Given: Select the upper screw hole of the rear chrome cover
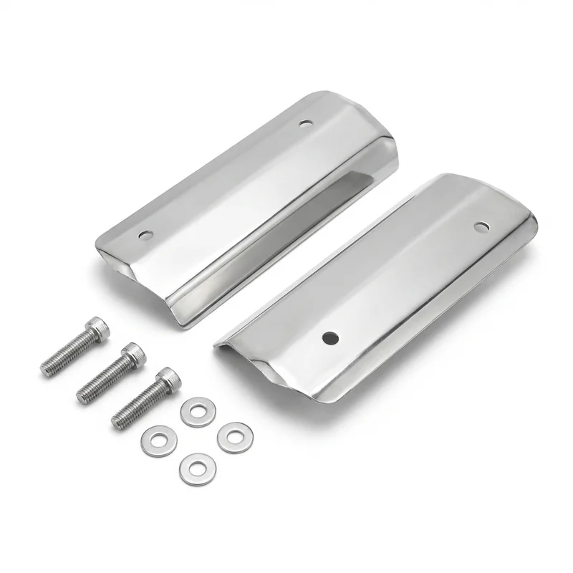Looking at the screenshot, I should coord(306,122).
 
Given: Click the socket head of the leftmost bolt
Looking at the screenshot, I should coord(97,329).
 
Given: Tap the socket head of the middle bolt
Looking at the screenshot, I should coord(133,353).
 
